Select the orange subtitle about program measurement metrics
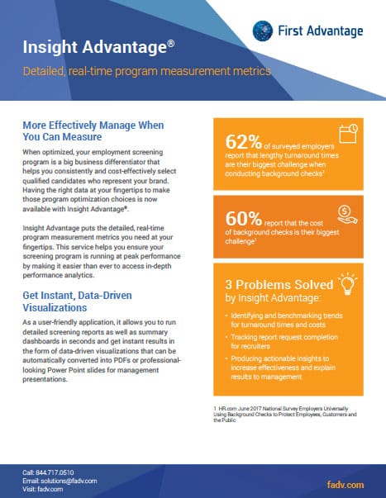[x=146, y=72]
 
